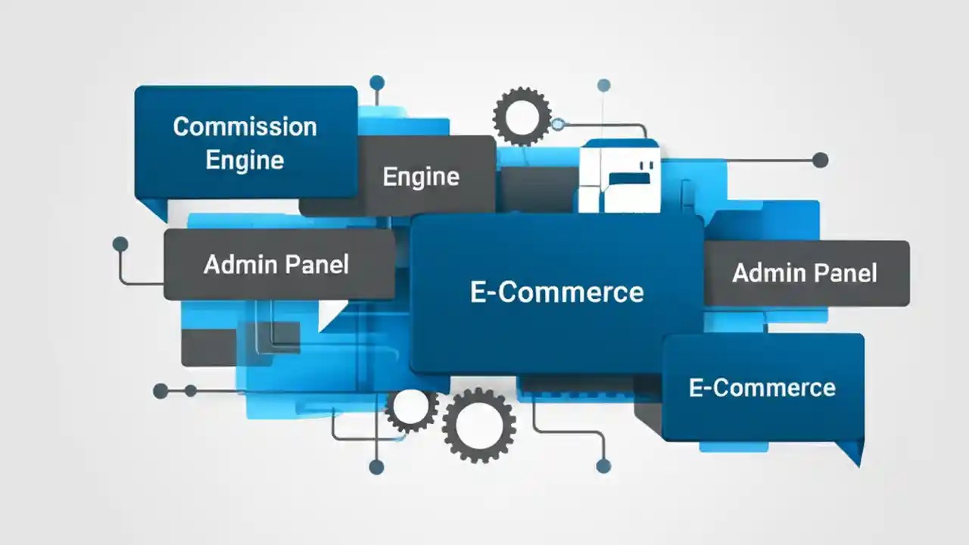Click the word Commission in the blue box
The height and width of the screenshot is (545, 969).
point(245,126)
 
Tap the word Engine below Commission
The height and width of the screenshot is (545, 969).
point(245,160)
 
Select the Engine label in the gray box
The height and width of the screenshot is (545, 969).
point(421,176)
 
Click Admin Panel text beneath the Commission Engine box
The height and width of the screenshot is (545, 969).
point(276,264)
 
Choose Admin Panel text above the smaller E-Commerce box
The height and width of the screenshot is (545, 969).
point(805,272)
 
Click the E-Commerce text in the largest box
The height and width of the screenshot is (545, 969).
point(556,292)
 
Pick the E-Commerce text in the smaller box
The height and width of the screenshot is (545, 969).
point(762,388)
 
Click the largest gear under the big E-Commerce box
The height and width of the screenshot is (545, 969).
point(478,425)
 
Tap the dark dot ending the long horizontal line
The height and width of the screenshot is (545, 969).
point(820,160)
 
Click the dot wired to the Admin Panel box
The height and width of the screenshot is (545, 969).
point(120,244)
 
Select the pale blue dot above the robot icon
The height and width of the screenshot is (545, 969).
point(603,85)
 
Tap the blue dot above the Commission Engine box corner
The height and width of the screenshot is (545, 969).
point(377,82)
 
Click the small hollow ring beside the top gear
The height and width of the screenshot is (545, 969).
point(558,123)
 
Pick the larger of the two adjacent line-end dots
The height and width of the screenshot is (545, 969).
point(160,391)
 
